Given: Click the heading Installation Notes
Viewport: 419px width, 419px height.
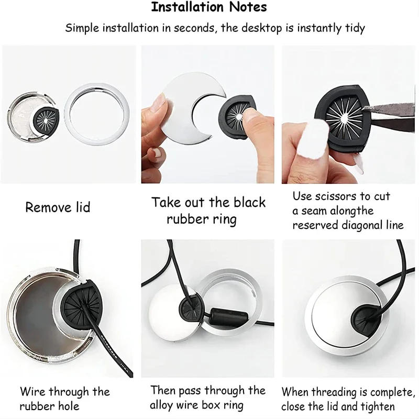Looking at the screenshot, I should (209, 7).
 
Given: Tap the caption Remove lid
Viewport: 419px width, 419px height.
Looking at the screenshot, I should (58, 207).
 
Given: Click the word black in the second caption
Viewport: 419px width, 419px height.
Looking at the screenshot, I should (246, 203).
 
